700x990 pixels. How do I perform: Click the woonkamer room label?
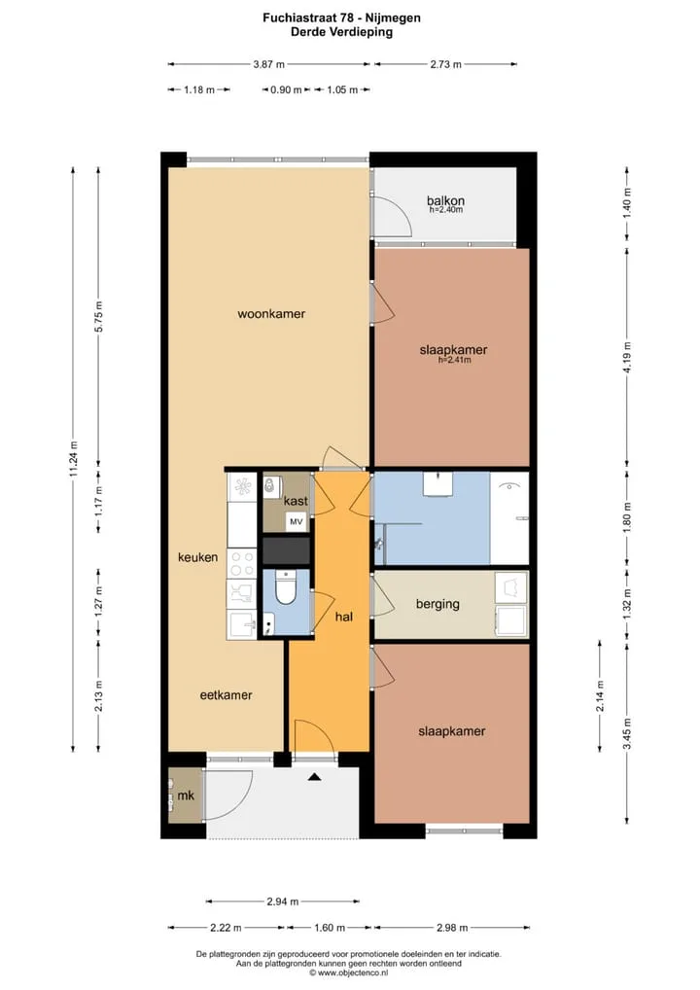271,314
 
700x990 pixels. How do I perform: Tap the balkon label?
445,200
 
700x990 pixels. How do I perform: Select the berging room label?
437,604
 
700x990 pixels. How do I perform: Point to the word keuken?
197,557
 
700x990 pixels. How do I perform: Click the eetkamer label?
226,695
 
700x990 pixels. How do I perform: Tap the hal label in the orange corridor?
344,617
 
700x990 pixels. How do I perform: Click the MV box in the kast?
297,522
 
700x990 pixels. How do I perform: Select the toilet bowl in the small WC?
286,588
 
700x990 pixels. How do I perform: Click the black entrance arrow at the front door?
314,777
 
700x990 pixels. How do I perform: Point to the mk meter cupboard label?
186,796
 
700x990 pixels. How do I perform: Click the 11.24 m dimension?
73,459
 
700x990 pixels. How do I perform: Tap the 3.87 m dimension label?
269,64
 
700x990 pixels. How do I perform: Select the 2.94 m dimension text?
283,902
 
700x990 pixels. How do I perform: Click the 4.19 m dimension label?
627,357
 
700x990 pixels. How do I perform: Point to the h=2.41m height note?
454,361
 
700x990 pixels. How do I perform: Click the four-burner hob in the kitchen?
242,563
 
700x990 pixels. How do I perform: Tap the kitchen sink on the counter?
242,625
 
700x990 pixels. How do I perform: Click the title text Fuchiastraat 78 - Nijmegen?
341,18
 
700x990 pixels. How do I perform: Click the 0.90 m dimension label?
286,89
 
